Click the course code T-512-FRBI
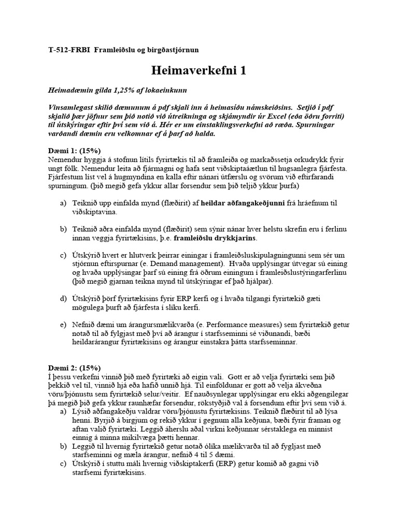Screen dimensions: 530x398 (x=68, y=50)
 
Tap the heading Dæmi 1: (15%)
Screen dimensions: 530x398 (x=74, y=150)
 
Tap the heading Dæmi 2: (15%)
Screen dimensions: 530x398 (x=74, y=367)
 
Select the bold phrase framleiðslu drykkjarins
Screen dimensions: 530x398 (x=215, y=238)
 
